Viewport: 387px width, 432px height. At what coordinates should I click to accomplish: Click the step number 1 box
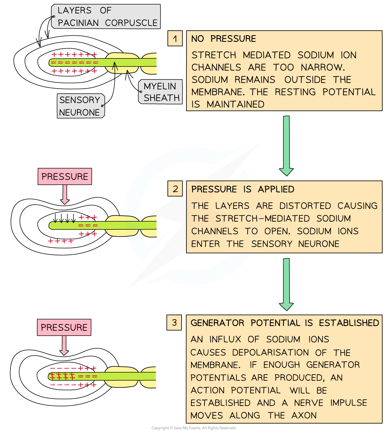click(x=175, y=39)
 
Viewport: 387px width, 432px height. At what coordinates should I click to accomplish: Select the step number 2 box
click(x=176, y=189)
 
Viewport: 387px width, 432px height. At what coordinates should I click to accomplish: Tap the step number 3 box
click(x=174, y=322)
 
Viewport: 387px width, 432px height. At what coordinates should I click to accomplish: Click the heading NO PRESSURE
click(x=223, y=39)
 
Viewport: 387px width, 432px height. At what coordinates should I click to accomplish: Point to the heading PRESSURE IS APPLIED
click(x=243, y=189)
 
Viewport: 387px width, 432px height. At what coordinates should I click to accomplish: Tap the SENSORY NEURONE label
click(x=80, y=106)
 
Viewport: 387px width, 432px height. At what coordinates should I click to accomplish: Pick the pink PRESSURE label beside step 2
click(x=65, y=177)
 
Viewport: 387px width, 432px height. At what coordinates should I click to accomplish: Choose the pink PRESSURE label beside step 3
click(x=64, y=328)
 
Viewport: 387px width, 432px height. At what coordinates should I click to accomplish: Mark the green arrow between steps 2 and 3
click(x=286, y=284)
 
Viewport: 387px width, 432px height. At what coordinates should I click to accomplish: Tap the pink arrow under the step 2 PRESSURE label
click(x=65, y=195)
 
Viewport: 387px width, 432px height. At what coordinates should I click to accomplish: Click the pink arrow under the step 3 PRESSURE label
click(x=64, y=345)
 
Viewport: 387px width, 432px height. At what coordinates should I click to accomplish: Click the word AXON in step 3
click(x=304, y=415)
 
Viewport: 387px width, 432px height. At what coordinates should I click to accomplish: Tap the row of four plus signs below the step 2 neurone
click(x=61, y=241)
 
